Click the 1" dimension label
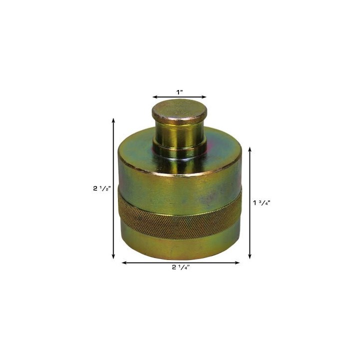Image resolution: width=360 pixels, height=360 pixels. click(x=179, y=92)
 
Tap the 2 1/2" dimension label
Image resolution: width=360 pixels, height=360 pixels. click(x=102, y=188)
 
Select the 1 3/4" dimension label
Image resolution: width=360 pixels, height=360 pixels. click(x=262, y=202)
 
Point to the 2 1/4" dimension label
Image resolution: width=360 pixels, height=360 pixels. click(x=180, y=267)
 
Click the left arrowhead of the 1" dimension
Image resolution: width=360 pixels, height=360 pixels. click(x=154, y=97)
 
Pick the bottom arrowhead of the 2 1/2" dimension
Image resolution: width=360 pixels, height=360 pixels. click(x=113, y=257)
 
